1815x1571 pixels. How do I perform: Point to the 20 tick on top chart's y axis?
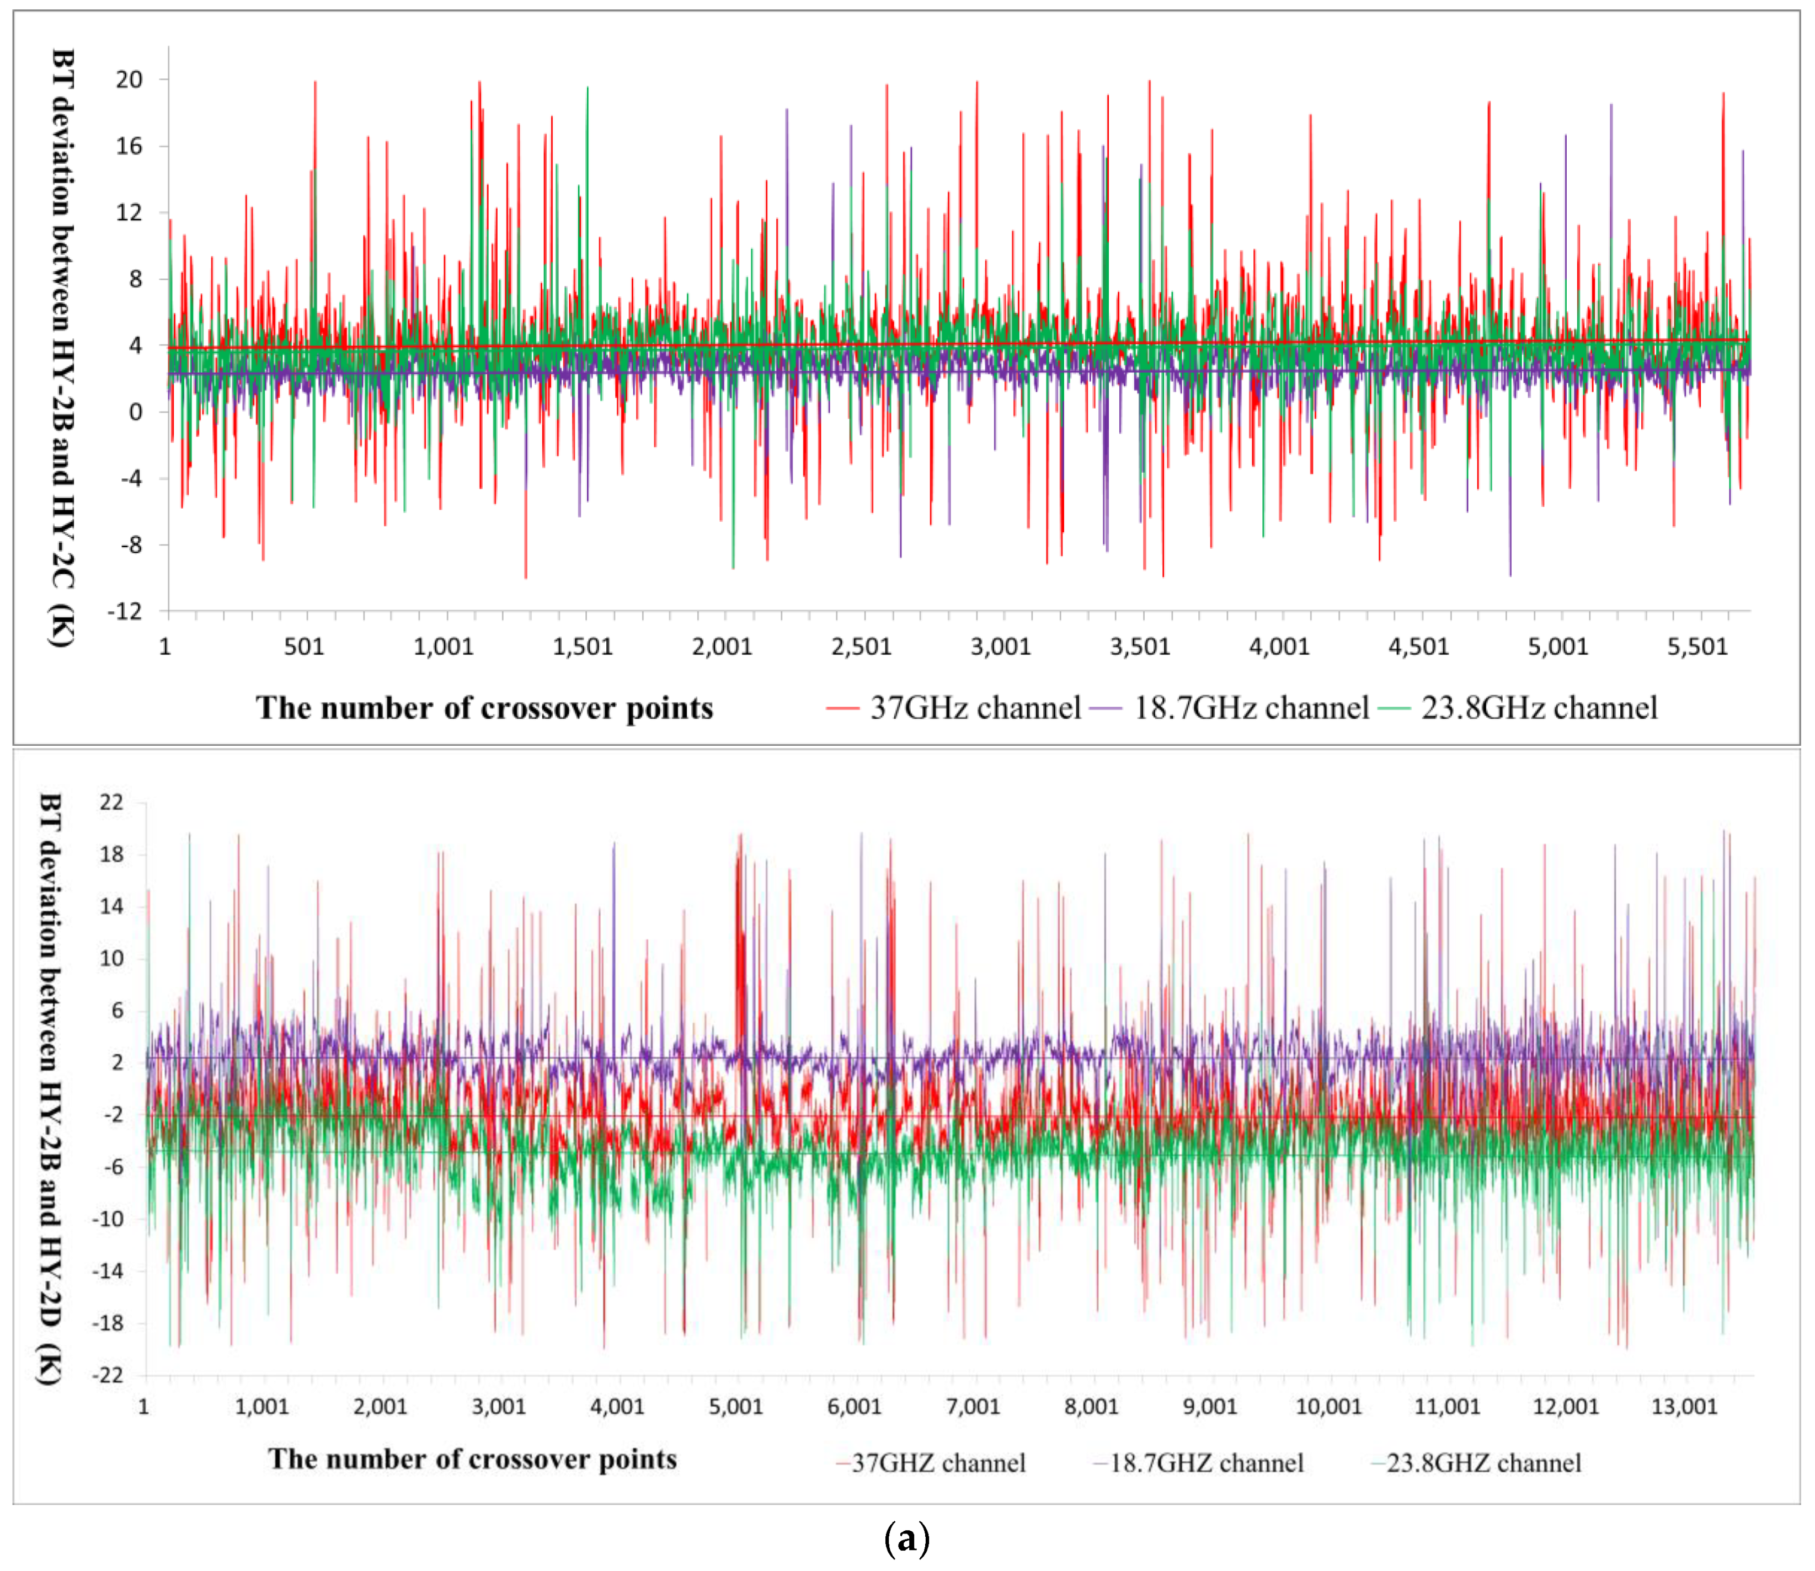pos(129,80)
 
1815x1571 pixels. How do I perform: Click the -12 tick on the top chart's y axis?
pos(125,611)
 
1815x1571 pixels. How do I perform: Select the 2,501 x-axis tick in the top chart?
pos(861,647)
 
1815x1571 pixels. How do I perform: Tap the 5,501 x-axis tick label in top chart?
pos(1696,647)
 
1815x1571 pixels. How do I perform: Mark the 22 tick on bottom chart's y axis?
pos(111,802)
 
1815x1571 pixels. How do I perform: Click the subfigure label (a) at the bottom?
pos(906,1538)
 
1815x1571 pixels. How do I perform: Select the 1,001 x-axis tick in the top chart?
pos(443,647)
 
